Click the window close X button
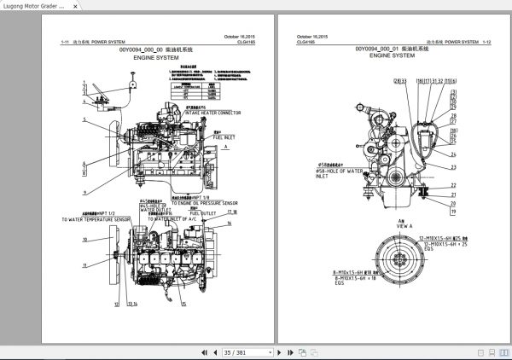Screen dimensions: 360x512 502,6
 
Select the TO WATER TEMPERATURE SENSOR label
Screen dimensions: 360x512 96,219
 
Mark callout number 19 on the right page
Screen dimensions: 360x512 454,210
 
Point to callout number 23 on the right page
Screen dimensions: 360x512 454,166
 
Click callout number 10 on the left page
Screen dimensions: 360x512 84,240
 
